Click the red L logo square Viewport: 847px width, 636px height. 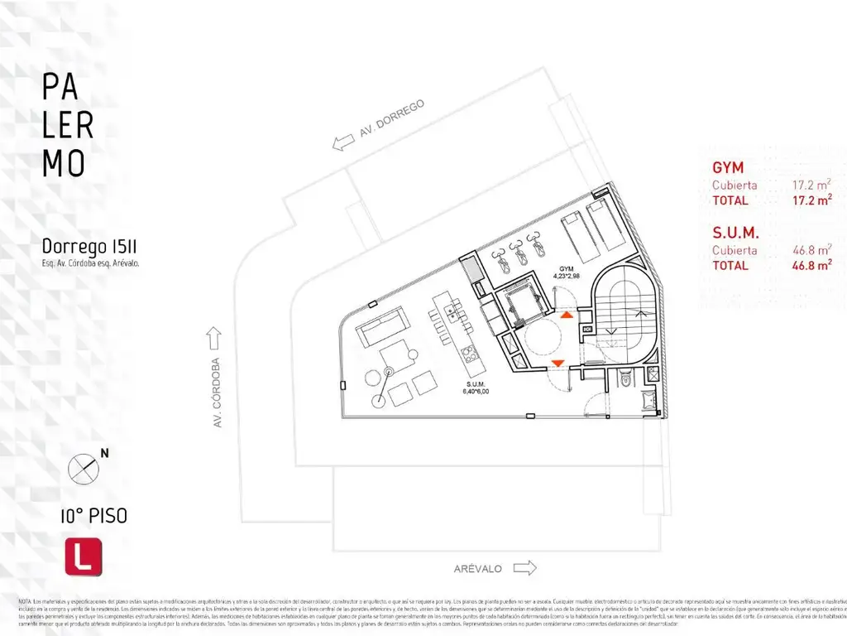(x=84, y=556)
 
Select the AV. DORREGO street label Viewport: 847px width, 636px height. (x=391, y=123)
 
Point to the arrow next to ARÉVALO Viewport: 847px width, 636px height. (x=524, y=568)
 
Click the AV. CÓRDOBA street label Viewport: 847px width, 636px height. (x=218, y=393)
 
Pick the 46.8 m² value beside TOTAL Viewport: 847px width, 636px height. (x=811, y=266)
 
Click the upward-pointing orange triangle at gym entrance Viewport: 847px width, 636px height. (x=565, y=316)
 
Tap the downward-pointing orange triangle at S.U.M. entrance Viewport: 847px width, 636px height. (x=557, y=363)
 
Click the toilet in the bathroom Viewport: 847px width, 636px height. (x=626, y=379)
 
